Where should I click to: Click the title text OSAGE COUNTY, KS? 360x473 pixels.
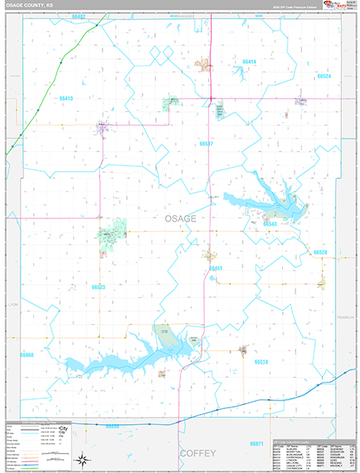(32, 6)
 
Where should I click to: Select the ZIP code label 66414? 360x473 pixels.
(249, 61)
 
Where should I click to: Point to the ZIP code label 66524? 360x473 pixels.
(324, 76)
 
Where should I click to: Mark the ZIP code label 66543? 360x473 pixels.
(271, 224)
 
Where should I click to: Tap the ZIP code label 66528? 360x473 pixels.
(320, 251)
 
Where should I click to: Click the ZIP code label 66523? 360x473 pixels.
(98, 287)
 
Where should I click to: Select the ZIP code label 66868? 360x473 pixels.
(27, 356)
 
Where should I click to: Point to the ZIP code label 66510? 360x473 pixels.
(261, 361)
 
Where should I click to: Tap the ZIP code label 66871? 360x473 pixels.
(257, 444)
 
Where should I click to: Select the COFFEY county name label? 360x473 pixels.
(196, 453)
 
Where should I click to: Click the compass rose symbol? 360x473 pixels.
(82, 458)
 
